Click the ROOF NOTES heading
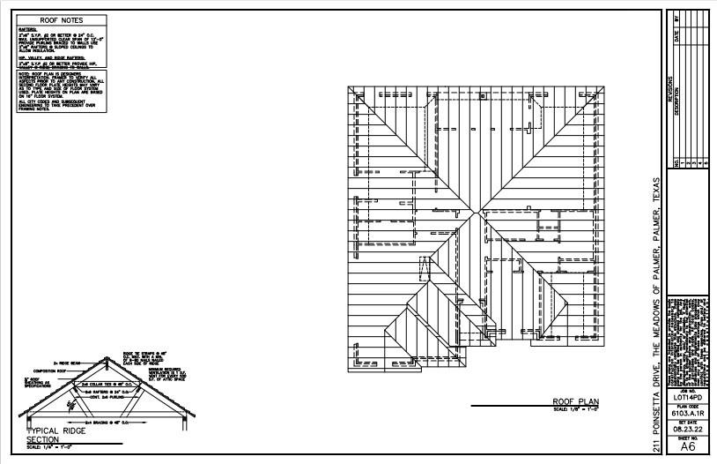pos(60,19)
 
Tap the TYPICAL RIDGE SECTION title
pos(44,434)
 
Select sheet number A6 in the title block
pos(688,447)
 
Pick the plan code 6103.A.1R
pos(688,412)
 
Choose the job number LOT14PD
pos(688,398)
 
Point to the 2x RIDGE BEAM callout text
pos(68,362)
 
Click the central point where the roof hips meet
pos(476,213)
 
